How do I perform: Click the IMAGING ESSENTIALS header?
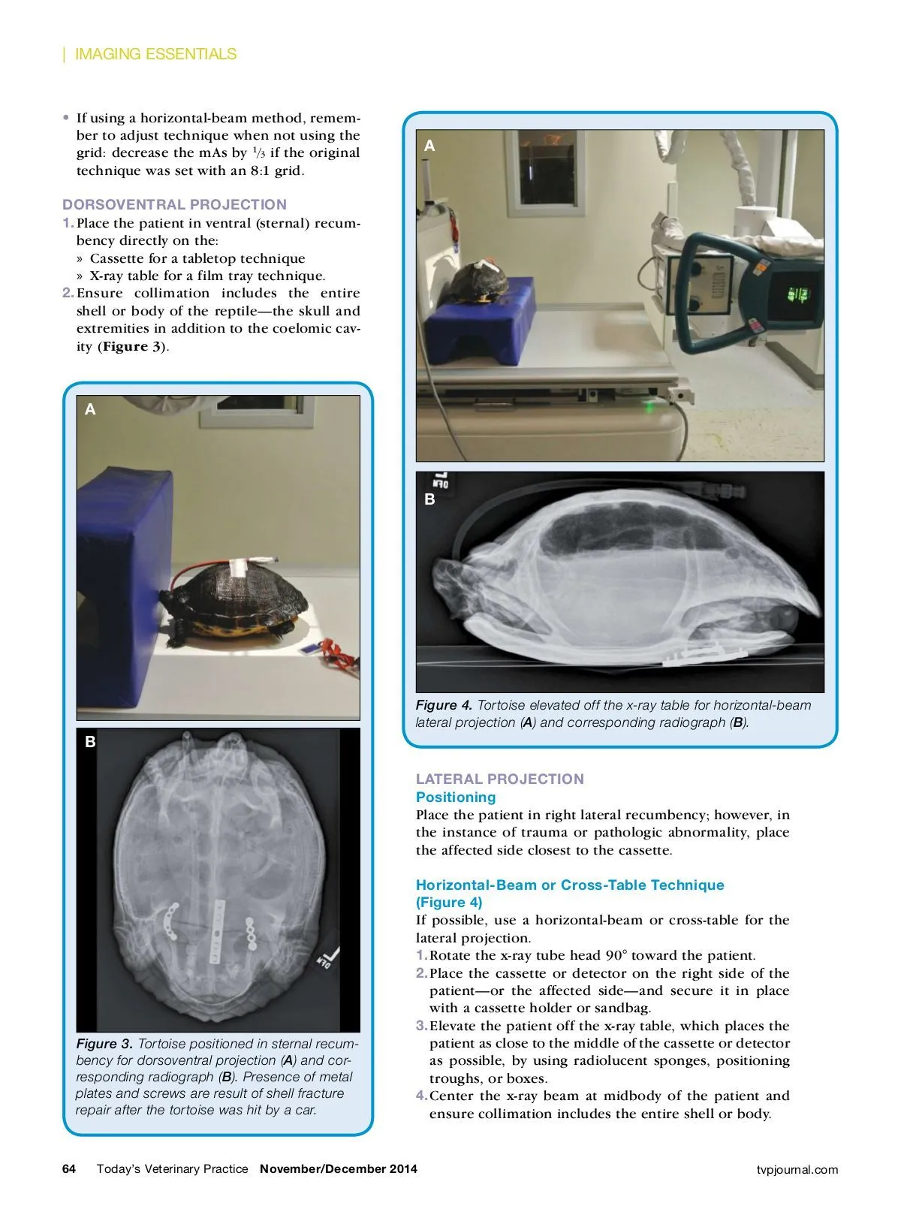click(x=155, y=54)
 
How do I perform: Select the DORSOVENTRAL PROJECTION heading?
click(x=174, y=204)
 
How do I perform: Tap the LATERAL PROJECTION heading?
click(x=499, y=779)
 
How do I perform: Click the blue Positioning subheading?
click(x=456, y=797)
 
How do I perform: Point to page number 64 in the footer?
click(x=69, y=1168)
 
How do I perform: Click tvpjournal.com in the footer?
click(x=797, y=1169)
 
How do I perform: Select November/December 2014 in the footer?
click(x=339, y=1168)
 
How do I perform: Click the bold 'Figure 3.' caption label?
click(x=104, y=1044)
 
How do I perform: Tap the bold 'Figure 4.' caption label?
click(x=444, y=705)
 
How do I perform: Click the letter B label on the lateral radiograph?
click(x=429, y=499)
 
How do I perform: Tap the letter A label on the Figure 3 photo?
click(x=90, y=409)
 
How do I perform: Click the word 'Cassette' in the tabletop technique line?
click(x=116, y=258)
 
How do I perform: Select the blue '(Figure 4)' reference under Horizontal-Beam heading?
click(x=449, y=902)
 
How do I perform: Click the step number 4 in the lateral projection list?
click(x=421, y=1096)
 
